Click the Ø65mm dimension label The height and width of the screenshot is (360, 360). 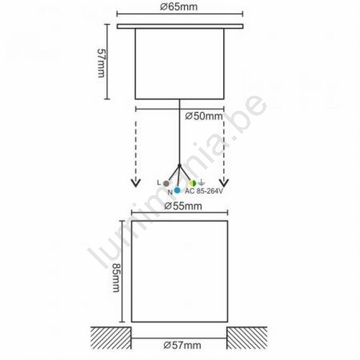coord(179,6)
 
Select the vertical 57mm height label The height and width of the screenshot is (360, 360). coord(101,63)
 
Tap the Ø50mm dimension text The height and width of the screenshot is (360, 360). coord(204,117)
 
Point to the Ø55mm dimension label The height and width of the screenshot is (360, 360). coord(183,206)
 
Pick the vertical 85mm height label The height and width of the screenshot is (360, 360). coord(117,277)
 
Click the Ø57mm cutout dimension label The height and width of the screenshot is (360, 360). coord(182,346)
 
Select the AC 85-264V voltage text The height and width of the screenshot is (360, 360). coord(204,192)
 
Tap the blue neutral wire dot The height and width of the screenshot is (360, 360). coord(177,190)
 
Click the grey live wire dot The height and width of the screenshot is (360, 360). coord(166,184)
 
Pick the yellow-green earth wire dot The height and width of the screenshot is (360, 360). coord(193,184)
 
